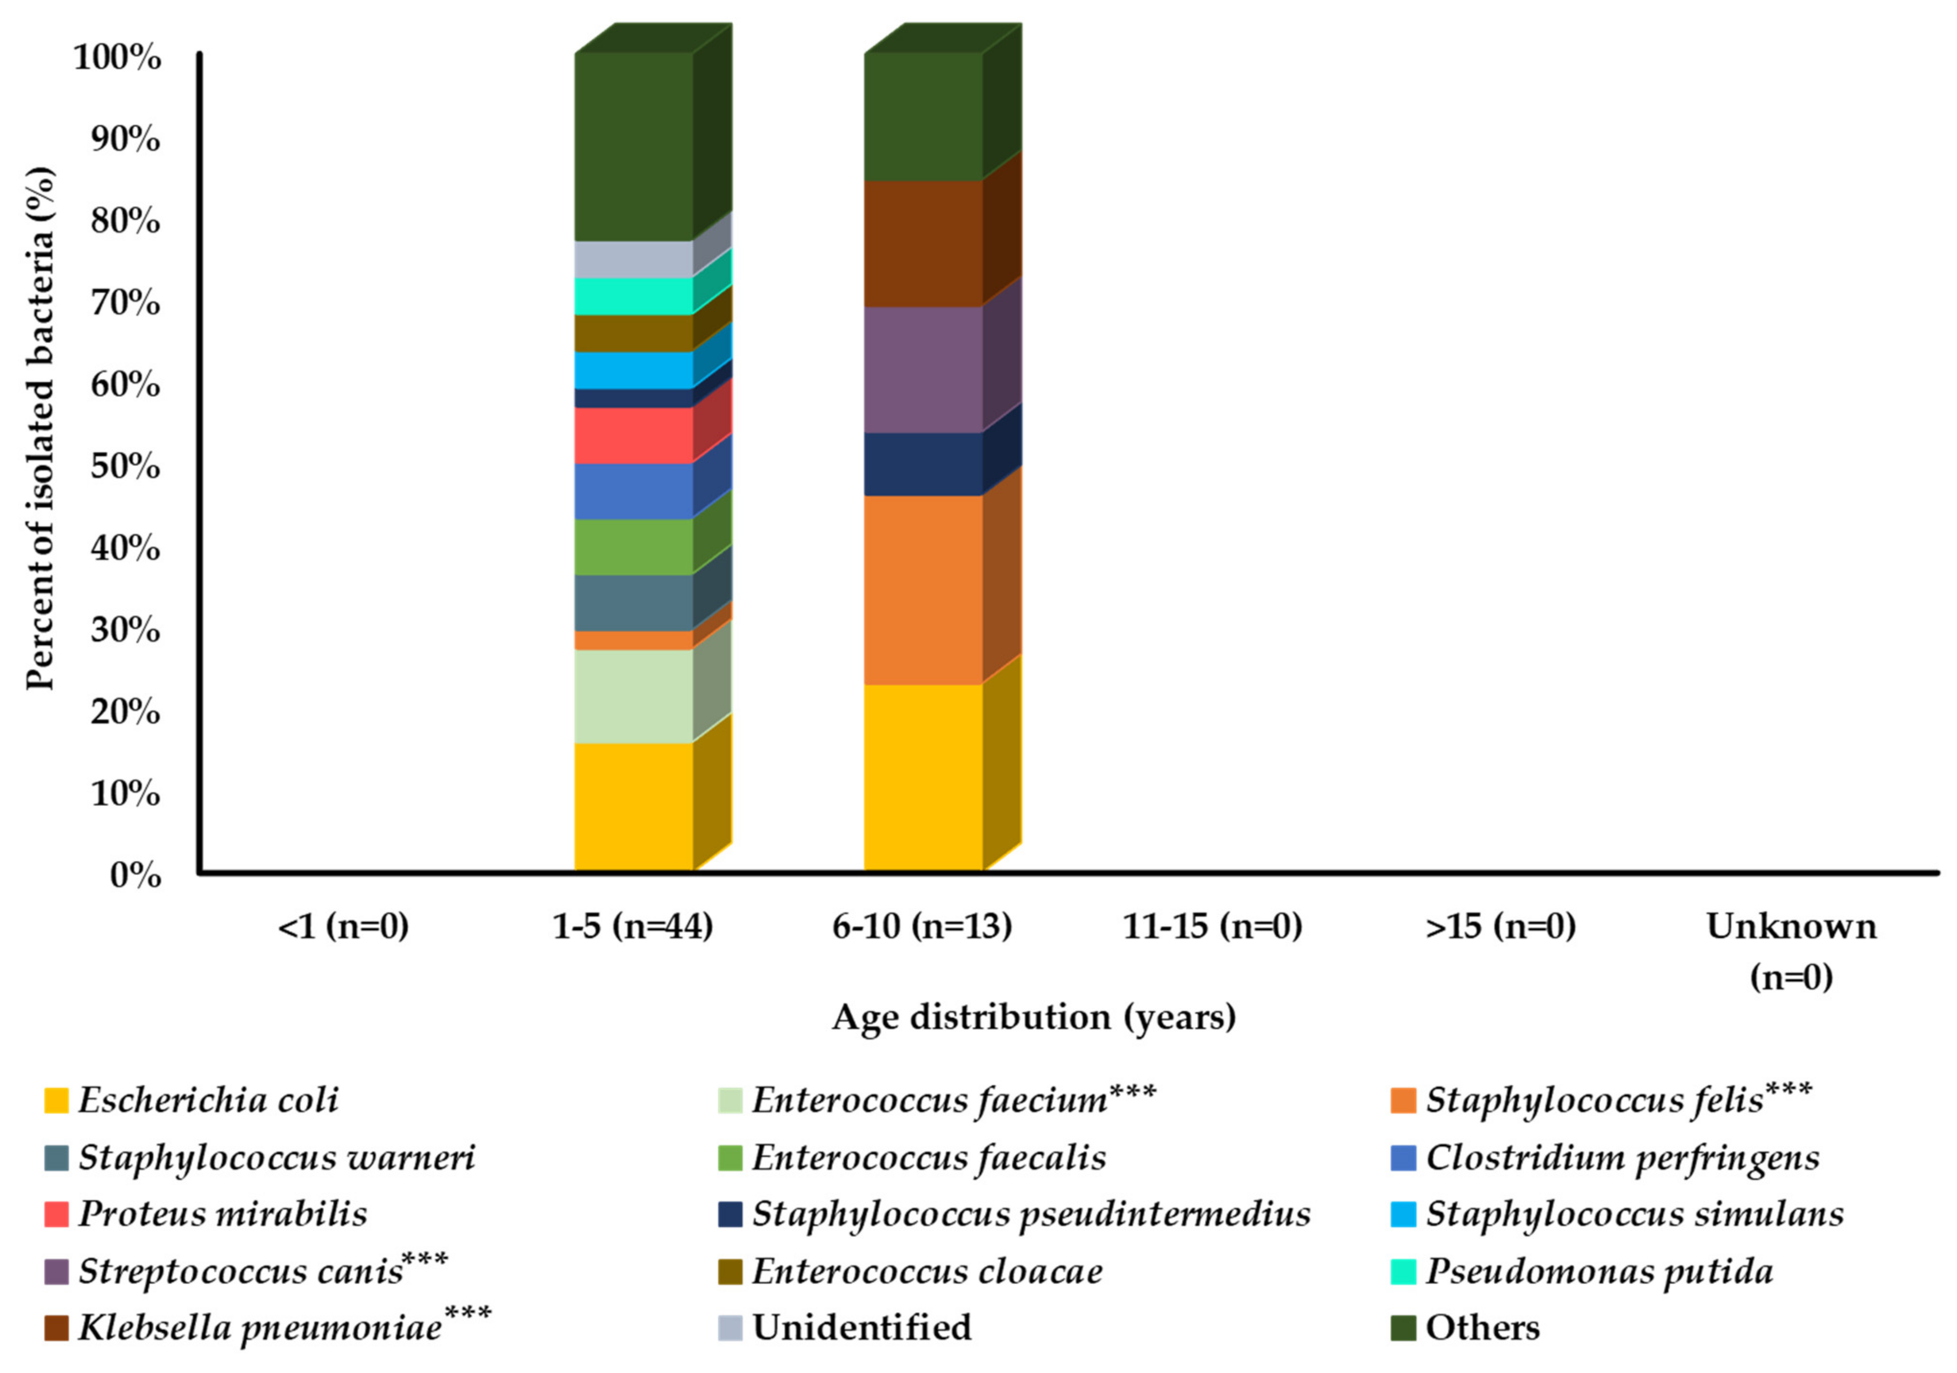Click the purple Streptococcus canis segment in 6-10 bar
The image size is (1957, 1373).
tap(923, 369)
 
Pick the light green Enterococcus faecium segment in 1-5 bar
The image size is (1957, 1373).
tap(633, 696)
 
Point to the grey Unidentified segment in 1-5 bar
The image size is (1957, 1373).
tap(633, 259)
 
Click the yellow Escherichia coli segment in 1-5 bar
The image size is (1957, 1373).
tap(633, 806)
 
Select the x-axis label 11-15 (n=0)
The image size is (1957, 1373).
tap(1212, 927)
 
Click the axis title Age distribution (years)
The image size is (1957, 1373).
tap(1033, 1017)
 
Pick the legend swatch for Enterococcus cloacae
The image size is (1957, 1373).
tap(730, 1271)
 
